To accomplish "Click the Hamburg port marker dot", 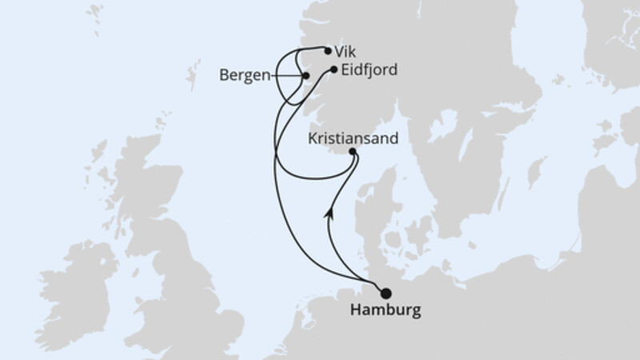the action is [386, 293].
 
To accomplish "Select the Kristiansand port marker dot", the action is [354, 150].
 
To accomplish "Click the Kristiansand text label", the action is [353, 138].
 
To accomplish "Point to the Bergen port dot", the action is [306, 76].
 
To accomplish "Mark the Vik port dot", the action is [328, 50].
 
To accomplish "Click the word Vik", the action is [345, 50].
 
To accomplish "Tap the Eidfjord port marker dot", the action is [334, 70].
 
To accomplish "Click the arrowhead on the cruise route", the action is [329, 213].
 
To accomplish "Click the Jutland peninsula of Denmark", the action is [370, 216].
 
